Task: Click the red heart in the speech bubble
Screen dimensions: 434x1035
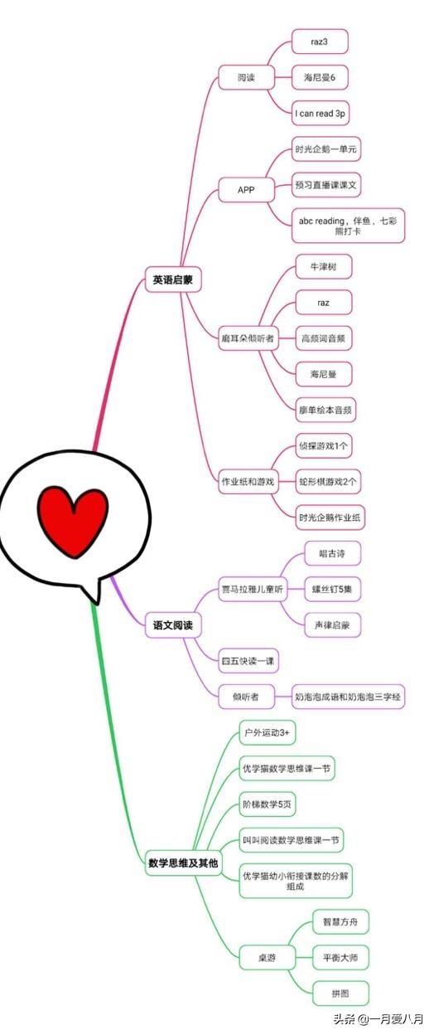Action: pos(73,521)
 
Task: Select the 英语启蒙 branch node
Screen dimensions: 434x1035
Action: pos(173,279)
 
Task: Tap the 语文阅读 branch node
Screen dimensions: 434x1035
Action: pos(173,625)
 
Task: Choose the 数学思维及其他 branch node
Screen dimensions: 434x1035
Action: pos(183,862)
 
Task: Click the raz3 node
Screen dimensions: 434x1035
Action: pos(320,41)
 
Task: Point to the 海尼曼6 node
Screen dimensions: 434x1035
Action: pos(320,77)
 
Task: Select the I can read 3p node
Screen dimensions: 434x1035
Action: pos(320,113)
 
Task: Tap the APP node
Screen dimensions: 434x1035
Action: pos(246,190)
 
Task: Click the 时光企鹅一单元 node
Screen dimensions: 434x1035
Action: pos(326,149)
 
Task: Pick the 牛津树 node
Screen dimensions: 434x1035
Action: pos(323,266)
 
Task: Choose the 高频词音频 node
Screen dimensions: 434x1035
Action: pos(323,338)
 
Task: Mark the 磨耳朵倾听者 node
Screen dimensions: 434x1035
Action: pos(248,338)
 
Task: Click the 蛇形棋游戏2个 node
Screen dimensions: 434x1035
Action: pos(328,482)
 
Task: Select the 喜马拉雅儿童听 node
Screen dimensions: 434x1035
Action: pos(253,589)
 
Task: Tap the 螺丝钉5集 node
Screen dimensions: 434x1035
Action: pos(332,589)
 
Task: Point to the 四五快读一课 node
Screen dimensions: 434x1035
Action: pos(248,661)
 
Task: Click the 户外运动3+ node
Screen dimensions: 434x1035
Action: pos(267,732)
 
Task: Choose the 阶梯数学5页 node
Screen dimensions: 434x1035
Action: pos(267,804)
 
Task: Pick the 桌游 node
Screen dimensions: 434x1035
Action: pos(267,958)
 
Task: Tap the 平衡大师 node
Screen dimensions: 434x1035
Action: pos(341,958)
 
